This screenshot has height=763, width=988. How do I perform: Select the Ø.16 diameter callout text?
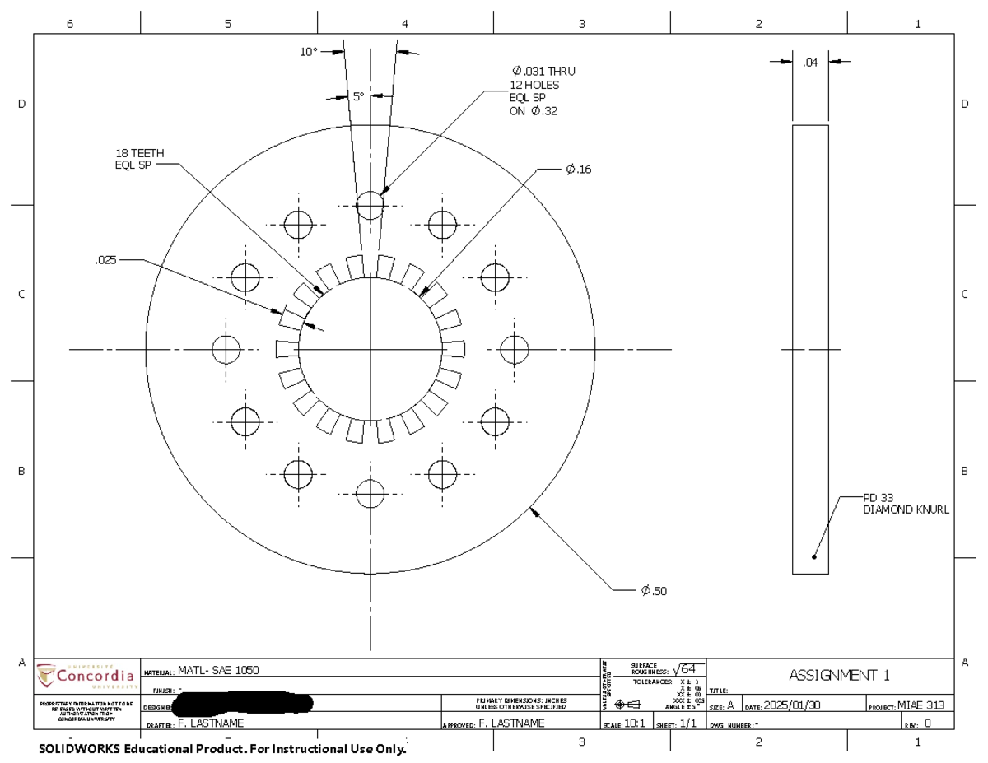(x=578, y=170)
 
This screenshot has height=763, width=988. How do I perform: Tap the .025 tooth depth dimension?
(x=106, y=260)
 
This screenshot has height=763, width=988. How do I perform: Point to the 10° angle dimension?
(x=308, y=52)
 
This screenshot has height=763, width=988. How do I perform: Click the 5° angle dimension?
(x=358, y=96)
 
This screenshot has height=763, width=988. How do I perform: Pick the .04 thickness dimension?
(x=810, y=61)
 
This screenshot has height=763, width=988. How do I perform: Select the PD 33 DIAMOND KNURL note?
(x=905, y=504)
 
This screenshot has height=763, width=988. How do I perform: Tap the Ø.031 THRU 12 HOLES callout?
(x=543, y=91)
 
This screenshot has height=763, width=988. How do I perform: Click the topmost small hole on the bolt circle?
(x=370, y=206)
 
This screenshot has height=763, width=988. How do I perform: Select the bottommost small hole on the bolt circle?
(x=370, y=495)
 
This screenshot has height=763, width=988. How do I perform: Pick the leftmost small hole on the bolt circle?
(x=226, y=349)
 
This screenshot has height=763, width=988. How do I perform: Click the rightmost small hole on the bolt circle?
(x=515, y=349)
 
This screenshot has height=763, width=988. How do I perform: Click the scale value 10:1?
(x=634, y=723)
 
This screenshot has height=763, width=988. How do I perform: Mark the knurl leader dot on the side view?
(x=814, y=556)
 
